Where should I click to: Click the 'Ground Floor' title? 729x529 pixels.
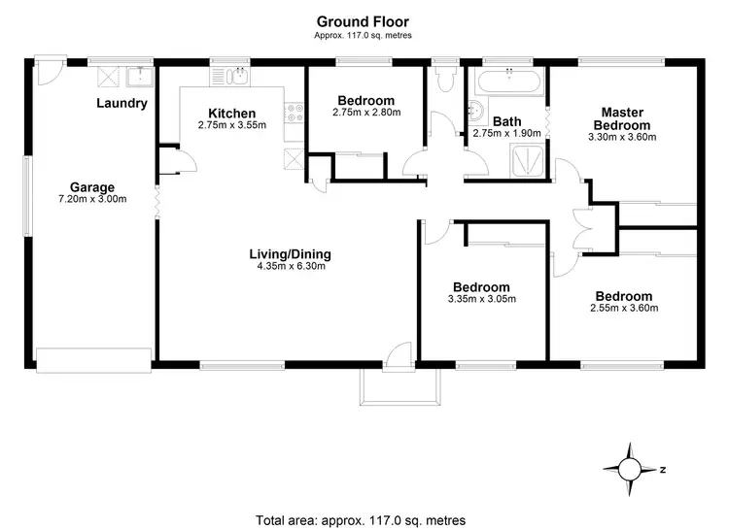pos(363,20)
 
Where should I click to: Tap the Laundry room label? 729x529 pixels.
pos(122,103)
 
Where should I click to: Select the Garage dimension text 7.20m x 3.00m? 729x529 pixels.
pos(92,200)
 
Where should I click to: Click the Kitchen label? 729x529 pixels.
pos(231,114)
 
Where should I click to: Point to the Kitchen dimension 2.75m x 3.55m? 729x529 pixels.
pos(231,125)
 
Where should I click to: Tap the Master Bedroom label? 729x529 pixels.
pos(623,119)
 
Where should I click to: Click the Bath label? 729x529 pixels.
pos(507,121)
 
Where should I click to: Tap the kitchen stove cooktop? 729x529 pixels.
pos(293,114)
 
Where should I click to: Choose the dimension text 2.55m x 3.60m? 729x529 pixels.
pos(624,309)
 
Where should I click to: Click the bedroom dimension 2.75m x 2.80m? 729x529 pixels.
pos(366,113)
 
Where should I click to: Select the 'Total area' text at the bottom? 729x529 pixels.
pos(361,518)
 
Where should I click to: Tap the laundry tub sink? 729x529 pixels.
pos(140,76)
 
